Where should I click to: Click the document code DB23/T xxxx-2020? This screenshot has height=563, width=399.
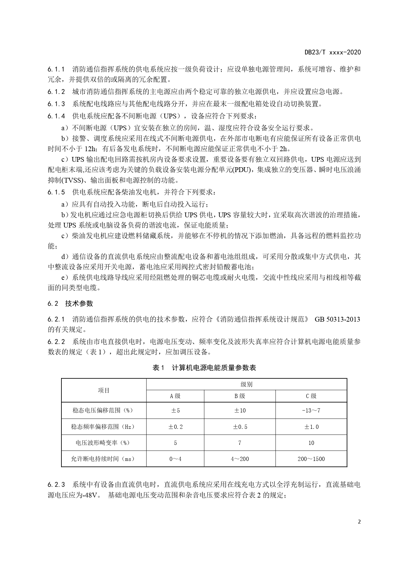click(333, 52)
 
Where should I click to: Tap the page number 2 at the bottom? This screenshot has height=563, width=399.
click(359, 521)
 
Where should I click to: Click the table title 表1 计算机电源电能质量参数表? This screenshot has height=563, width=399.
click(204, 368)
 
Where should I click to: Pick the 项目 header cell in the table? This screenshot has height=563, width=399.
click(104, 390)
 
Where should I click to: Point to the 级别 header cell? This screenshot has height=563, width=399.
click(247, 385)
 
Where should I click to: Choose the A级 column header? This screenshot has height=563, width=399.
click(175, 396)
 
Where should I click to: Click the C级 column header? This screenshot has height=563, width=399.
click(311, 396)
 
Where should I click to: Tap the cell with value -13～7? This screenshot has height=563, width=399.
click(311, 411)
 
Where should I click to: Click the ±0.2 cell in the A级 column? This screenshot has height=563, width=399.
click(176, 427)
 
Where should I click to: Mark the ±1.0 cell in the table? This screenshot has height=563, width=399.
click(311, 427)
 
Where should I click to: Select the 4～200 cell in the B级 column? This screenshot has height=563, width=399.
click(240, 459)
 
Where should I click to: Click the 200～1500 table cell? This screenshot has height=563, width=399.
click(311, 459)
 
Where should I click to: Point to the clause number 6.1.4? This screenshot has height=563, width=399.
click(56, 116)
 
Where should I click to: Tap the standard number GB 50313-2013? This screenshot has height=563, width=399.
click(337, 319)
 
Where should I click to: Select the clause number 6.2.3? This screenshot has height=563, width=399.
click(56, 484)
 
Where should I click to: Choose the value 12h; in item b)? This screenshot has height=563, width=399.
click(92, 149)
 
